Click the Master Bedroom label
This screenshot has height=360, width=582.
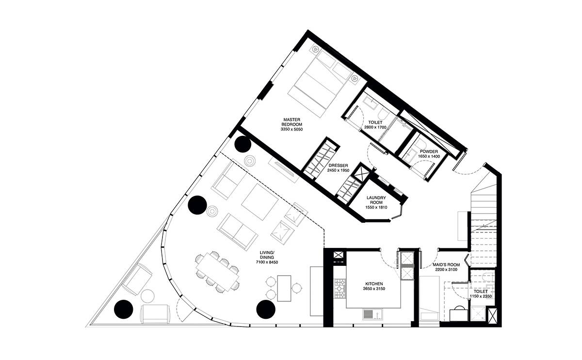(291, 122)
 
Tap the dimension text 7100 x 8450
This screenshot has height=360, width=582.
(267, 262)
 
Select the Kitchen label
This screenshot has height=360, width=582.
(374, 284)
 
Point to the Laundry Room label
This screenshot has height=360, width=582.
(376, 200)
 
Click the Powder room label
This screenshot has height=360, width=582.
(429, 151)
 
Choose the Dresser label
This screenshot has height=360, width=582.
(338, 165)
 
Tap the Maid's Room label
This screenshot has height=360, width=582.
(446, 265)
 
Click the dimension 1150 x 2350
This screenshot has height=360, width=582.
(481, 296)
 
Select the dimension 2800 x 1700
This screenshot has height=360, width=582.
(375, 127)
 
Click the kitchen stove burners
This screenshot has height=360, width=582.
(340, 288)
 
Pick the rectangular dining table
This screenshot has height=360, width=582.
(217, 272)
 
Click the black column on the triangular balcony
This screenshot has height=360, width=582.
(124, 309)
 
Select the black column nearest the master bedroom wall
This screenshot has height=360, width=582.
(242, 144)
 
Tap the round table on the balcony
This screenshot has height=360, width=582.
(147, 296)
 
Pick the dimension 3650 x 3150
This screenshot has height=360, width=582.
(374, 289)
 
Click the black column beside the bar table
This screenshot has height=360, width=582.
(266, 309)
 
